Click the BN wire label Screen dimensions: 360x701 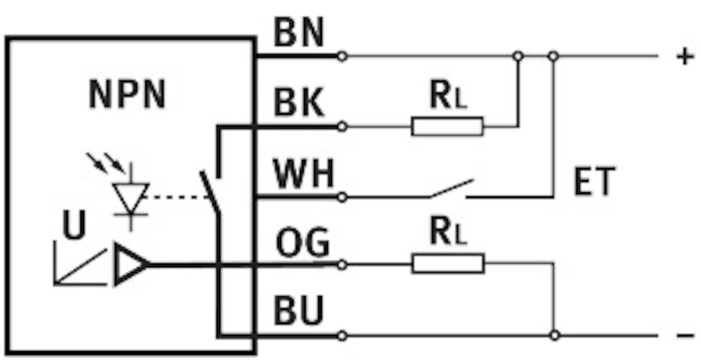point(299,34)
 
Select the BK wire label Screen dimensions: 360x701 point(299,104)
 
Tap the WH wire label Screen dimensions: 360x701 point(304,174)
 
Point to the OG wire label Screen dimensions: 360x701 point(303,243)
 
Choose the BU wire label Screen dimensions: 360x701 point(299,311)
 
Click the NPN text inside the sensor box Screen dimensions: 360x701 point(127,95)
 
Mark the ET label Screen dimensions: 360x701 point(594,182)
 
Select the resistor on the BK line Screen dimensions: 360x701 point(447,126)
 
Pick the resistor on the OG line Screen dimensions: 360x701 point(448,264)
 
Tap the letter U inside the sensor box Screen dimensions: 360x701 point(74,227)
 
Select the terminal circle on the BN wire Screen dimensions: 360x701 point(342,57)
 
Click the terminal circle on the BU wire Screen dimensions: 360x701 point(342,336)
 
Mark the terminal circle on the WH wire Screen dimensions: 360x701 point(342,197)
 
